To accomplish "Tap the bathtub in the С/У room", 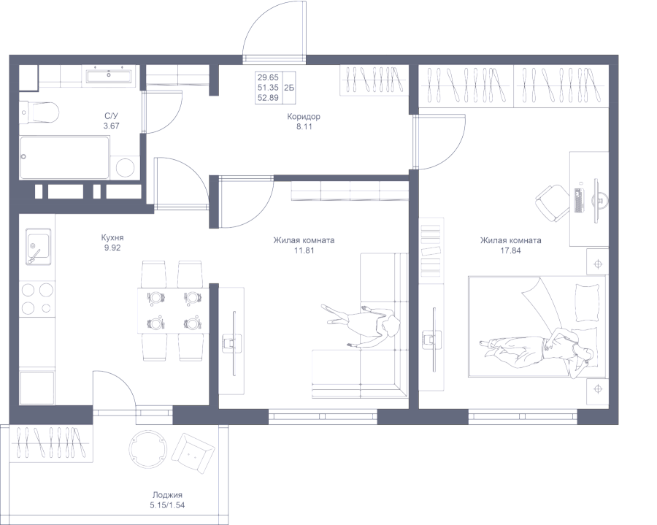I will pyautogui.click(x=64, y=158).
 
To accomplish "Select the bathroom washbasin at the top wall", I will pyautogui.click(x=109, y=76).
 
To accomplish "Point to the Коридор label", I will pyautogui.click(x=304, y=117).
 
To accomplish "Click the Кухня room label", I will pyautogui.click(x=112, y=238).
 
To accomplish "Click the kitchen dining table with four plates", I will pyautogui.click(x=174, y=310).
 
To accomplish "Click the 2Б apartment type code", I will pyautogui.click(x=289, y=87).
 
